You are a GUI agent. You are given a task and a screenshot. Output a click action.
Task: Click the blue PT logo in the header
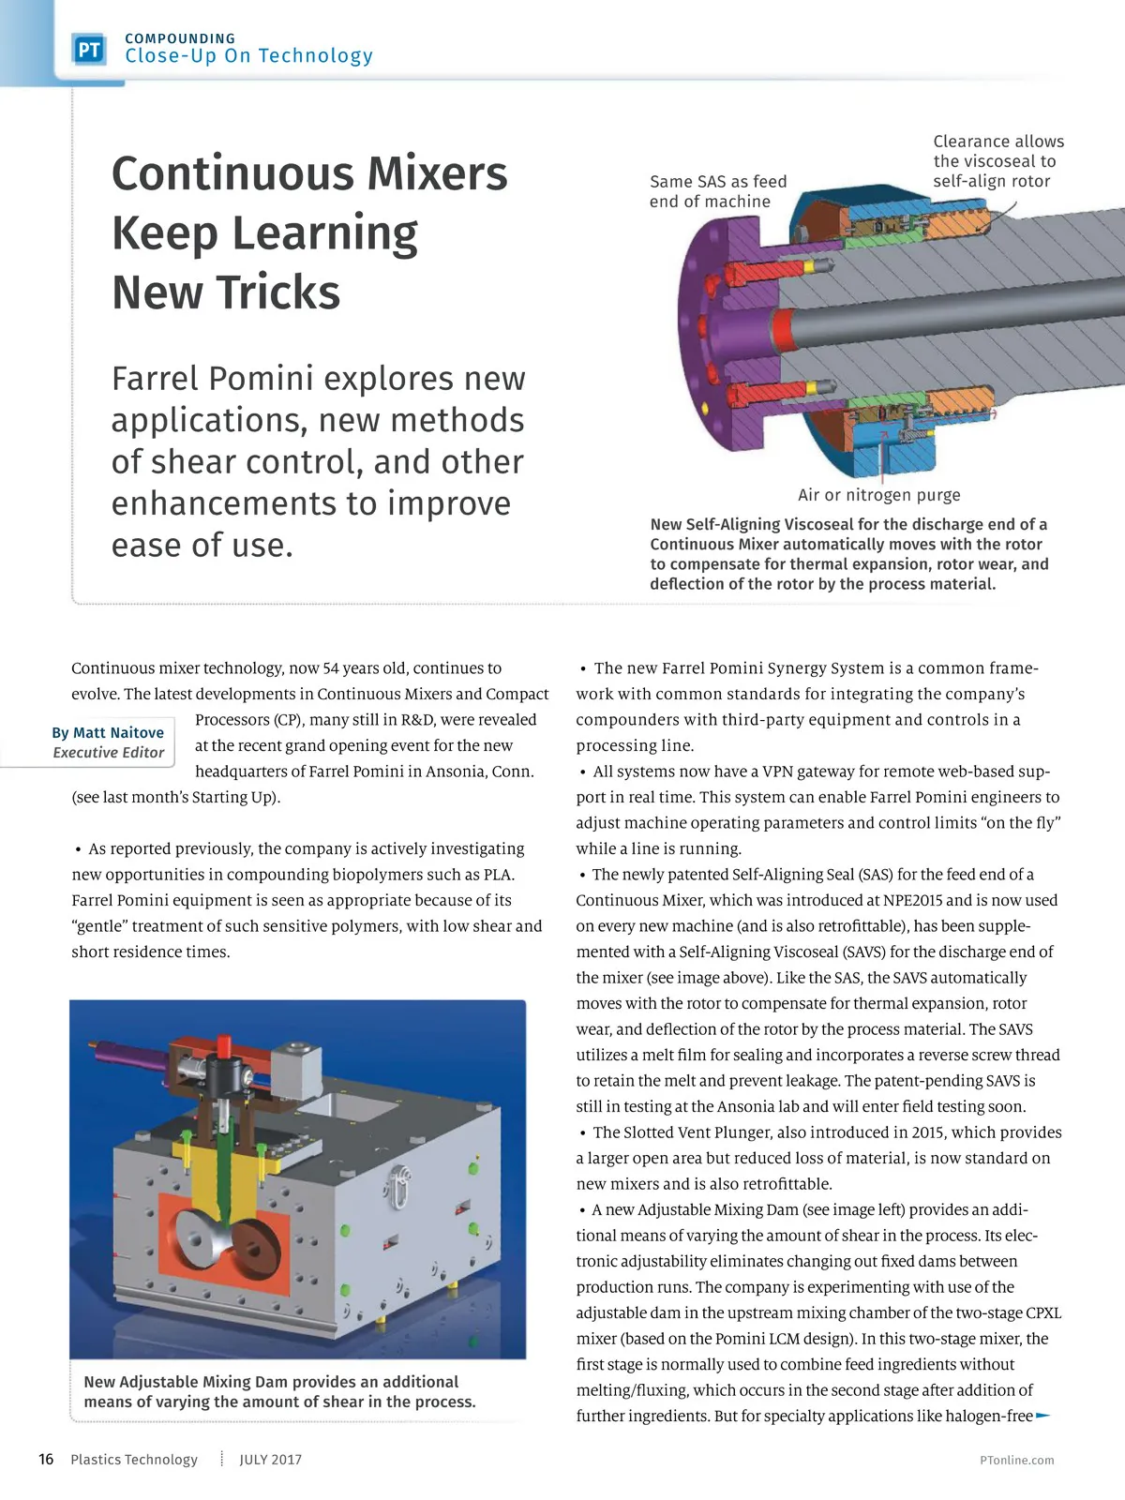[x=89, y=50]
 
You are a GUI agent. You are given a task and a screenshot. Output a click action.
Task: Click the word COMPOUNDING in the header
[x=180, y=38]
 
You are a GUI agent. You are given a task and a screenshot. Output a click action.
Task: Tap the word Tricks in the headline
[x=285, y=292]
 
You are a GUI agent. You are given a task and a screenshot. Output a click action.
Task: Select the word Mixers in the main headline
[x=437, y=173]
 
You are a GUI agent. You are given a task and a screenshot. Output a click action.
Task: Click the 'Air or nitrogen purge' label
[x=878, y=495]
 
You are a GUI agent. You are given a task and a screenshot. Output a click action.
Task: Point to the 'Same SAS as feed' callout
[x=718, y=182]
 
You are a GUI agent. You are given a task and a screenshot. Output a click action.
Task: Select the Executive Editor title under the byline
[x=108, y=752]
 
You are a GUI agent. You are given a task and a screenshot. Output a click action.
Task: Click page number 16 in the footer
[x=46, y=1459]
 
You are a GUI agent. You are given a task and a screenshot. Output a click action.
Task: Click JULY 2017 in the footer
[x=270, y=1460]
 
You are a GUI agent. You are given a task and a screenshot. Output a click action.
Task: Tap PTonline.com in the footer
[x=1016, y=1460]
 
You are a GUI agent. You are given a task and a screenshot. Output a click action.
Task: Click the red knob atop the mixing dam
[x=224, y=1044]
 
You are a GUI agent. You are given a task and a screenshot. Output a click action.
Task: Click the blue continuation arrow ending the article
[x=1042, y=1416]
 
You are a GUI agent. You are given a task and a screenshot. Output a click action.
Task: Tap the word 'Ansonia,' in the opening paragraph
[x=455, y=772]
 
